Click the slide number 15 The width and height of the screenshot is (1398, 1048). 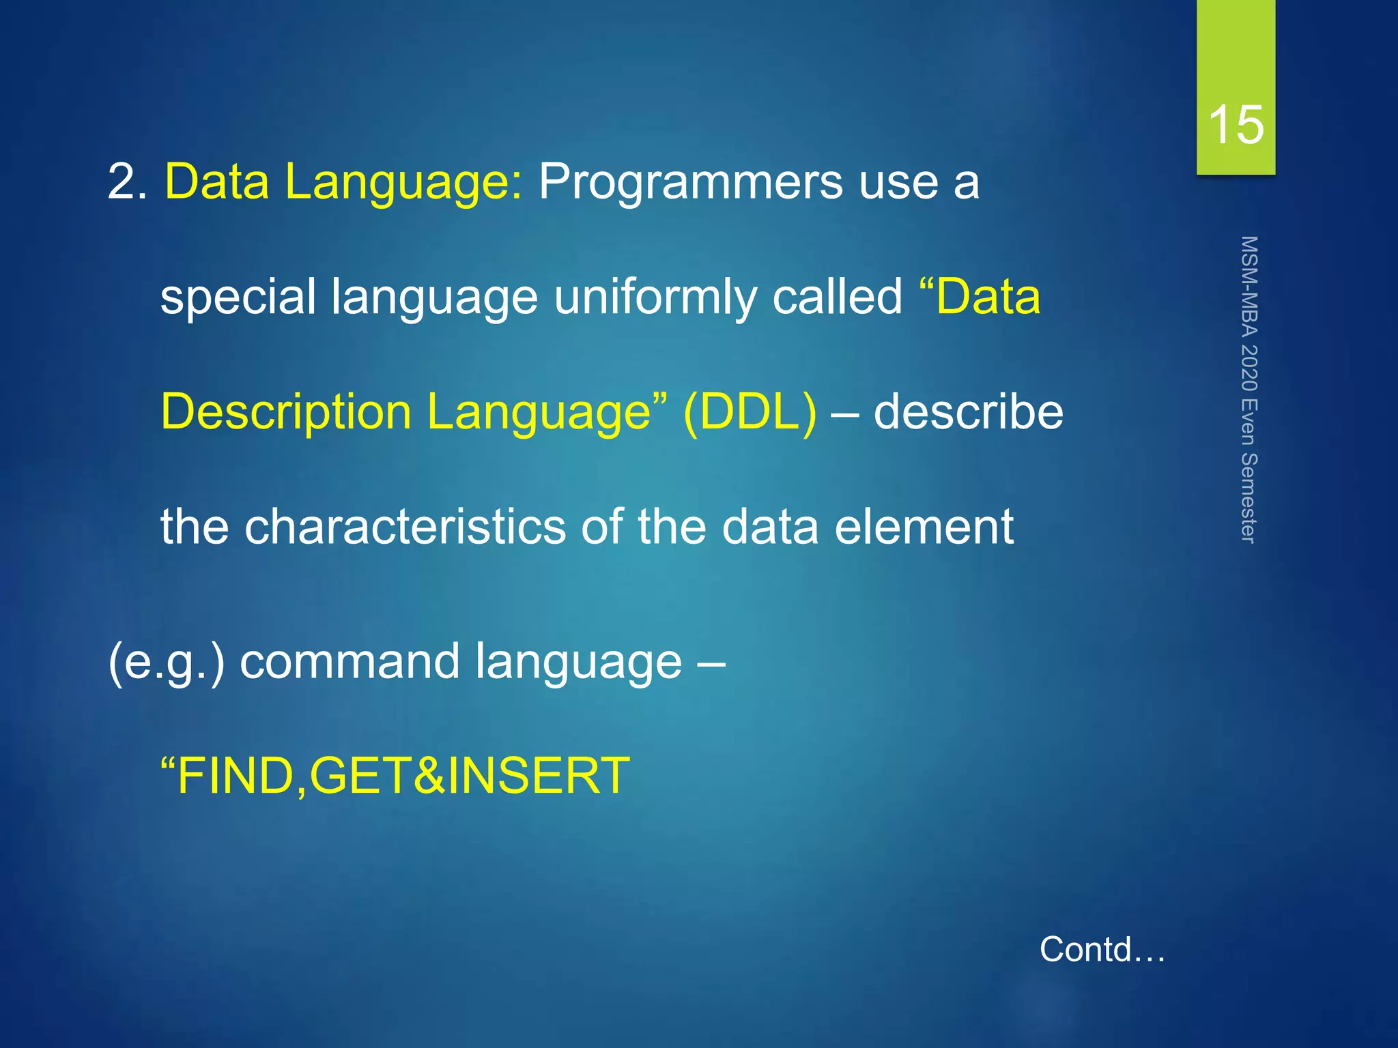1236,126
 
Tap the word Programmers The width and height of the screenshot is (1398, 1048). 690,182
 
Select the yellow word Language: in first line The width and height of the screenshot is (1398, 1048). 403,182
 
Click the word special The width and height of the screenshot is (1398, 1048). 238,297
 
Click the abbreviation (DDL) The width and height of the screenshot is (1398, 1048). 750,412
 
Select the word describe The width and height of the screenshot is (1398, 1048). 968,412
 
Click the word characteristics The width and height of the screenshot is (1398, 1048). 405,527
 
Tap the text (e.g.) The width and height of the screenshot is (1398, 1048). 166,662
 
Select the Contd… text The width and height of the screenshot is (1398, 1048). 1102,949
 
